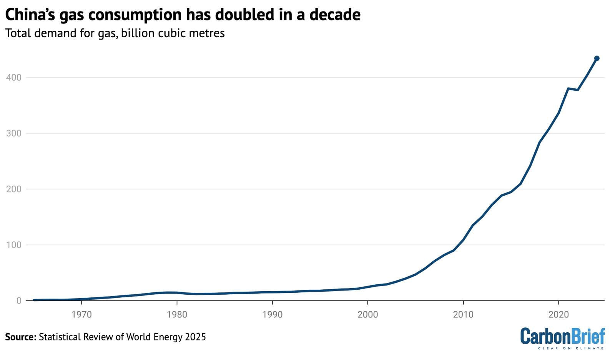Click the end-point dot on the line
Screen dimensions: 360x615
597,58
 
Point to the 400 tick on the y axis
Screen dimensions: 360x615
13,78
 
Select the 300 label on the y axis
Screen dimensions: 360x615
13,133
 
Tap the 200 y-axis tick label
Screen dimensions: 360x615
13,189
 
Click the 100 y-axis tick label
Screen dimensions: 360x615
13,245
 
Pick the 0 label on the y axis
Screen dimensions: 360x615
18,301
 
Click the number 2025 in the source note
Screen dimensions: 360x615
195,337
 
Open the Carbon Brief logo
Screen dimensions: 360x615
562,337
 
